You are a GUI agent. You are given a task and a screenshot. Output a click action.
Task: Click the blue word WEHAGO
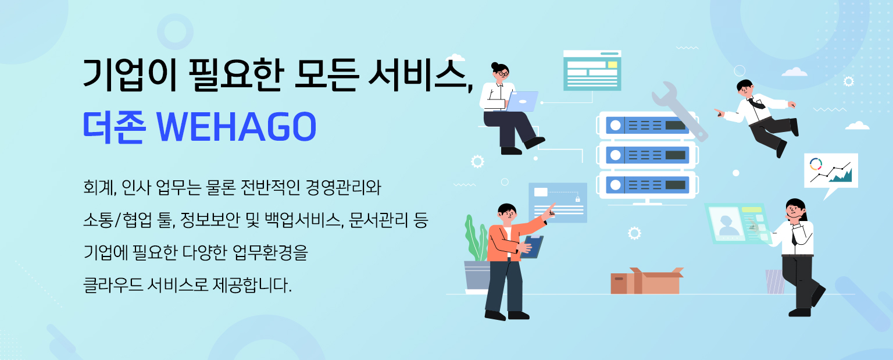[x=237, y=127]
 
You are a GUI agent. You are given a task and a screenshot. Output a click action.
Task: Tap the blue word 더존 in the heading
[x=114, y=127]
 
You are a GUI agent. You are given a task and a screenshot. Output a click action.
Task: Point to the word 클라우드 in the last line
[x=113, y=285]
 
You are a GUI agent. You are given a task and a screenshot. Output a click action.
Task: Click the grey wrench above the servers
[x=679, y=111]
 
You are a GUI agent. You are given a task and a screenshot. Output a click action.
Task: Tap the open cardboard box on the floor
[x=646, y=281]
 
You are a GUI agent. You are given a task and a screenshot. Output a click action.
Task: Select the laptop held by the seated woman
[x=521, y=101]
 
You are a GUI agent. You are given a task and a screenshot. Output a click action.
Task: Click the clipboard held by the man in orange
[x=532, y=247]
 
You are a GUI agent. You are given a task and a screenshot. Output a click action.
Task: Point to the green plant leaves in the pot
[x=476, y=238]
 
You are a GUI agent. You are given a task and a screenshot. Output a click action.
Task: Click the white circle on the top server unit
[x=616, y=126]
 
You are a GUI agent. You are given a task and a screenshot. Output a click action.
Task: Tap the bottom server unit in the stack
[x=648, y=185]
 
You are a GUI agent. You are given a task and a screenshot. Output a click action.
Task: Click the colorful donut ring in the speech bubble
[x=816, y=164]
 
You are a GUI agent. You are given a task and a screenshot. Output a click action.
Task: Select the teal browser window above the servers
[x=592, y=70]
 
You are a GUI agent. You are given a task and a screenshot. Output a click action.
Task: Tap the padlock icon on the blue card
[x=577, y=198]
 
